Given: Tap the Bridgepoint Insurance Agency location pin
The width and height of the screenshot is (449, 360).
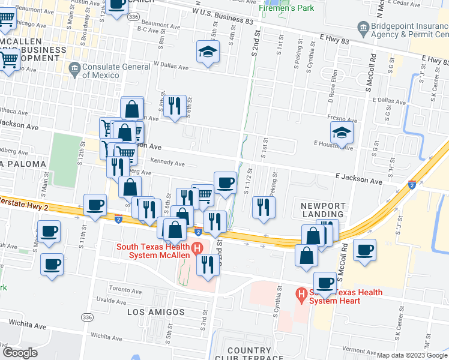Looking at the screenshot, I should pos(363,28).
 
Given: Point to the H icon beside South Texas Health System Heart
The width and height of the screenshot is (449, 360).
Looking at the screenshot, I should pos(301,294).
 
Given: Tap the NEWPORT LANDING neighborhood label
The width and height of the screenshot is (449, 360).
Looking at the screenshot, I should pos(322,209).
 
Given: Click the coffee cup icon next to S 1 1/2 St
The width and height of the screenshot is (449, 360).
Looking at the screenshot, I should pos(225,182).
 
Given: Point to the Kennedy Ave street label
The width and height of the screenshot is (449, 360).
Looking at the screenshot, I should pos(167,163).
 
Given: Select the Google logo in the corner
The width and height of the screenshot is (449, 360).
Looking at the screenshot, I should pos(20,353).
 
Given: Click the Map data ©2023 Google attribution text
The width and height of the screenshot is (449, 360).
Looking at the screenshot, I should pos(411,355).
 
